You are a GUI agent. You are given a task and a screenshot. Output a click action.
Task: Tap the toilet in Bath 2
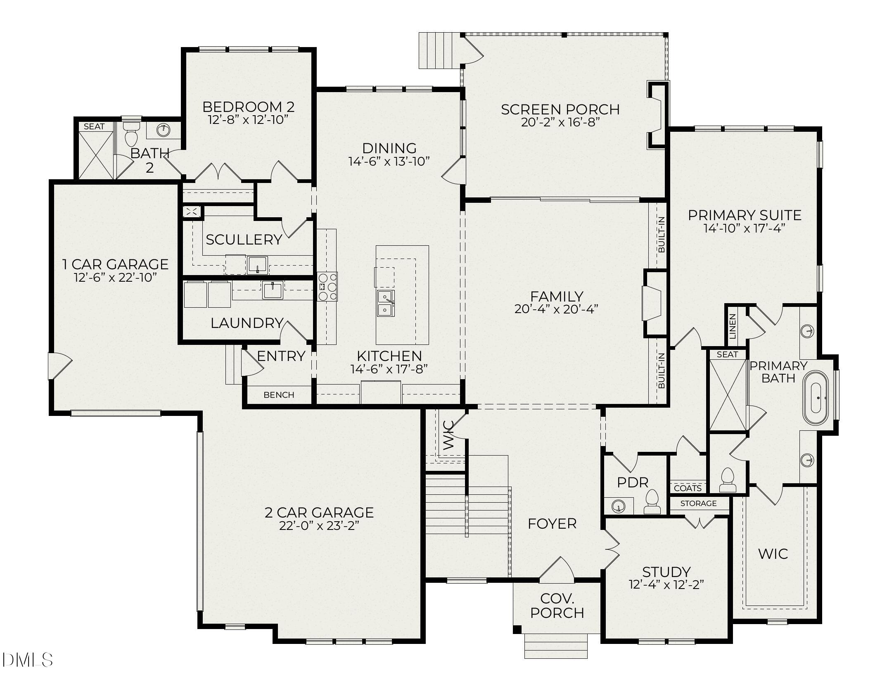tap(132, 133)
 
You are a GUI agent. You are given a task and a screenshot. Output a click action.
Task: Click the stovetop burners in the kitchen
tap(327, 286)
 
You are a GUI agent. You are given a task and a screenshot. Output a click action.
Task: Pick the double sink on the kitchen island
tap(386, 303)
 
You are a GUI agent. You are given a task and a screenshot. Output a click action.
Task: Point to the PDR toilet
tap(652, 502)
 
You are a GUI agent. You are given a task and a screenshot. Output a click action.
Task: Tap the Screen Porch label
tap(560, 109)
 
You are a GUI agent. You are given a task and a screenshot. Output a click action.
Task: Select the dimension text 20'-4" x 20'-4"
tap(556, 309)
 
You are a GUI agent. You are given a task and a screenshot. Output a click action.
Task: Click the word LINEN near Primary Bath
tap(733, 326)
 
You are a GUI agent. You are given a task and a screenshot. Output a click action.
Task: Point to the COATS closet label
tap(688, 488)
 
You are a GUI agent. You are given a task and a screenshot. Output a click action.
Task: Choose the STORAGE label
tap(699, 503)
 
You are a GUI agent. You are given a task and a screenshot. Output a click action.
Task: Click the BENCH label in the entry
tap(279, 395)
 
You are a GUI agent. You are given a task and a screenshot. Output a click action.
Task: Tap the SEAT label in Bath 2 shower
tap(94, 126)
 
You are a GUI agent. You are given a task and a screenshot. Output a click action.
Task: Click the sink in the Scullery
tap(258, 265)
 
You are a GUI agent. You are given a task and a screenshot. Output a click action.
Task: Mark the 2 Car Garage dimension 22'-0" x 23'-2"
tap(319, 526)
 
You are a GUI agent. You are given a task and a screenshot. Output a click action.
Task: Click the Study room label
tap(666, 572)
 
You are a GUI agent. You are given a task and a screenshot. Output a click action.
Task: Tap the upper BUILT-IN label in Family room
tap(662, 235)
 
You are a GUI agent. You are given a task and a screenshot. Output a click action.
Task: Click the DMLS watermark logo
tap(27, 660)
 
